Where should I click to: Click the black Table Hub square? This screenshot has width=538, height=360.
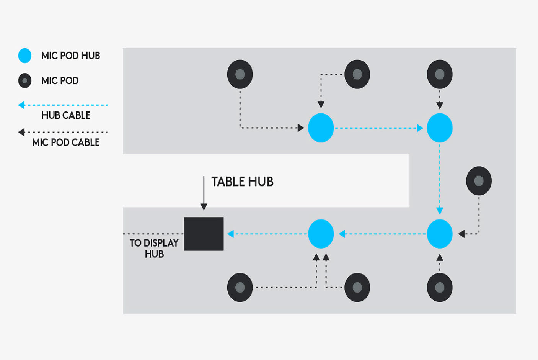(204, 234)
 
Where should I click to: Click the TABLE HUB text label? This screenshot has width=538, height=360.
(242, 182)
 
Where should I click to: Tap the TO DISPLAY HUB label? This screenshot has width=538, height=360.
(154, 248)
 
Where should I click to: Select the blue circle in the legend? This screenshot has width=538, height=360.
(25, 56)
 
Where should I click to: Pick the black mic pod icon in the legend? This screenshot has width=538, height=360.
(25, 80)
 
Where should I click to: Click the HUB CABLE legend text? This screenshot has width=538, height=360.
(66, 115)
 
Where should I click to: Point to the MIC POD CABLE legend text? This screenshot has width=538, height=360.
(66, 142)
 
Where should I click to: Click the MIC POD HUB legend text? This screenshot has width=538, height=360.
(70, 56)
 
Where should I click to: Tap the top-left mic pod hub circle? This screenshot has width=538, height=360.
(321, 128)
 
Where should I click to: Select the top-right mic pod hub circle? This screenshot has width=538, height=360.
(440, 128)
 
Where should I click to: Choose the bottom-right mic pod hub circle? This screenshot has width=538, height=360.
(440, 234)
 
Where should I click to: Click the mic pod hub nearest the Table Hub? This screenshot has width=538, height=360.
(321, 234)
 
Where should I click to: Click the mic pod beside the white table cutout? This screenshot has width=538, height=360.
(479, 181)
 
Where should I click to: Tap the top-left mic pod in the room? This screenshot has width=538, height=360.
(240, 74)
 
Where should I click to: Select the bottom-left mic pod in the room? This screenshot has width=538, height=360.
(240, 287)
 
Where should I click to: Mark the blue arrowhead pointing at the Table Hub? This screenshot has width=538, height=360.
(230, 234)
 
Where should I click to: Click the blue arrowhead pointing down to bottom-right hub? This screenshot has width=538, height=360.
(440, 211)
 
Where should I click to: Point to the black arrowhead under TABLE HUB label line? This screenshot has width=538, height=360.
(204, 207)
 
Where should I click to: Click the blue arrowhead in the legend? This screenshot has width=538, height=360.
(21, 105)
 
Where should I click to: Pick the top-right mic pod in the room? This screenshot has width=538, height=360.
(440, 74)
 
